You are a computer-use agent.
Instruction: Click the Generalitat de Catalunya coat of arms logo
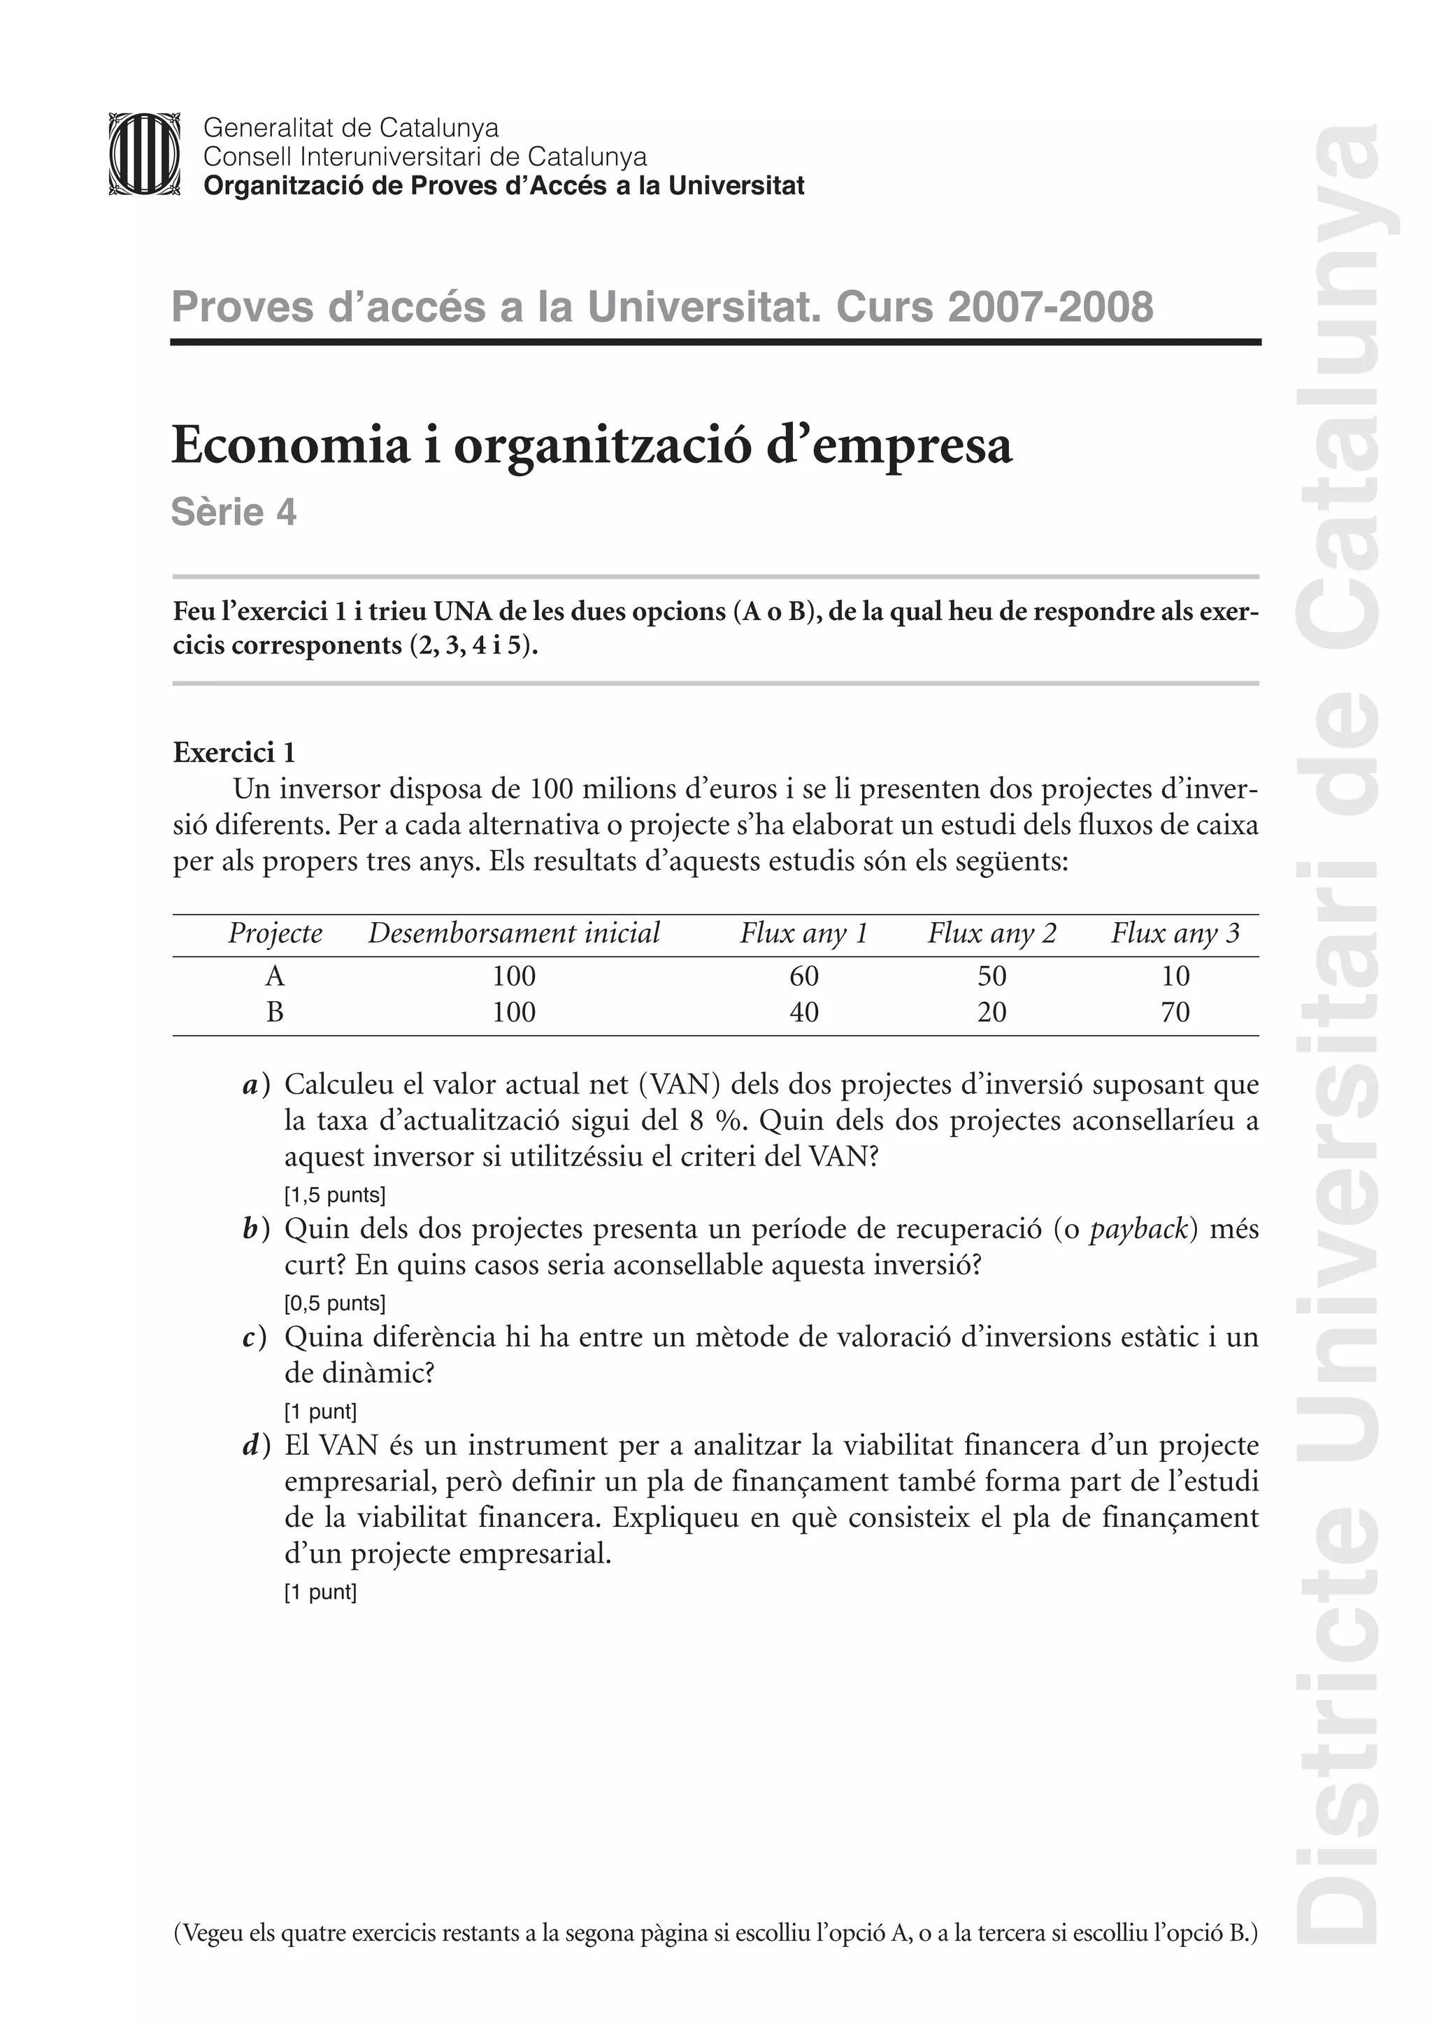144,154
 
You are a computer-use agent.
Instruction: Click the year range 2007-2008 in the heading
1050,307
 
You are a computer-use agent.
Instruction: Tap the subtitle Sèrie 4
234,512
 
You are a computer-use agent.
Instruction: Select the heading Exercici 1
234,753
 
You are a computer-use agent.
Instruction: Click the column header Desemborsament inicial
513,933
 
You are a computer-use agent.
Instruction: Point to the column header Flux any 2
991,933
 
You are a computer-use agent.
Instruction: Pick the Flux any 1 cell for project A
804,976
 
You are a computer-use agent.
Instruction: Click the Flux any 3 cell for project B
1175,1012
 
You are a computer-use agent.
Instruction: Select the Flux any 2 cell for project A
991,976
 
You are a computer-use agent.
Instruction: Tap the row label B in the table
275,1012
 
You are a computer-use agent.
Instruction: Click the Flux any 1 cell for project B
804,1012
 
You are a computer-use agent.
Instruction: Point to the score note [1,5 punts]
334,1195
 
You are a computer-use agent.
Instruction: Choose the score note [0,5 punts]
334,1303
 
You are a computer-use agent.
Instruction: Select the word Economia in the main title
291,445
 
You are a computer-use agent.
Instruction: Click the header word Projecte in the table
275,933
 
